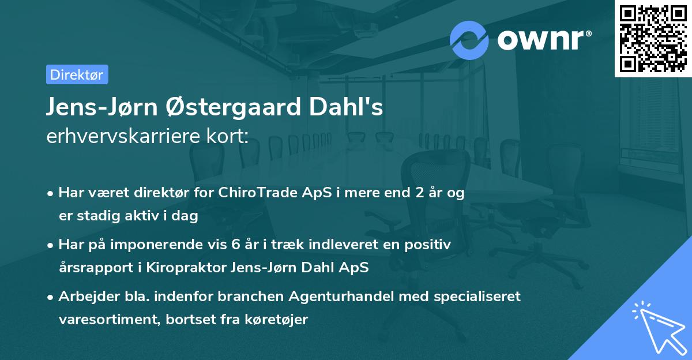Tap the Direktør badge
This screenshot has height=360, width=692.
click(x=77, y=74)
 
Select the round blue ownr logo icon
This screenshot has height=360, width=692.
click(x=469, y=40)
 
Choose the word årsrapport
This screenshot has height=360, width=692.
click(x=93, y=268)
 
